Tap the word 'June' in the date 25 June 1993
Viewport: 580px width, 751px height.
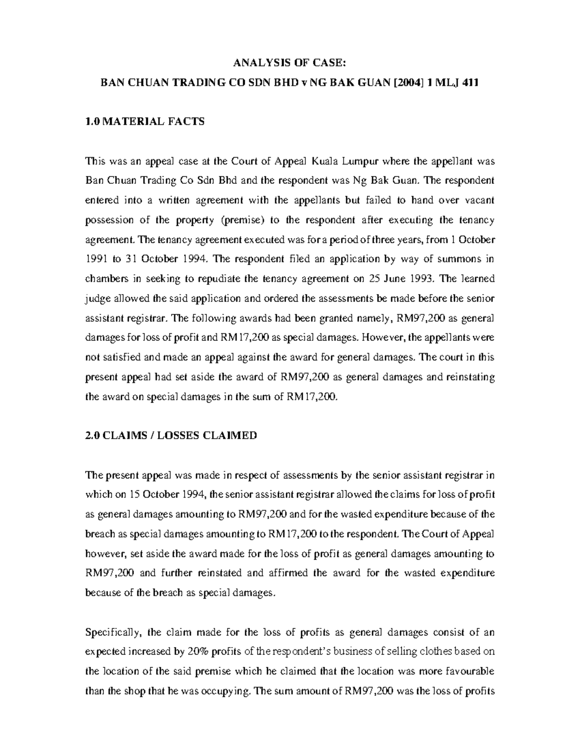388,279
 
